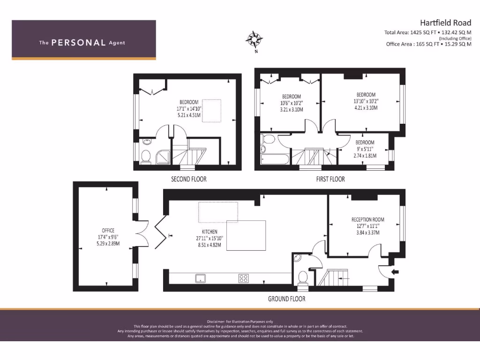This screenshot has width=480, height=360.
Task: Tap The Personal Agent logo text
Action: point(82,43)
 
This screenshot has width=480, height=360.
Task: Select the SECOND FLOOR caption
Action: point(188,179)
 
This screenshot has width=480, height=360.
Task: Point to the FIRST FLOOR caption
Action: point(330,179)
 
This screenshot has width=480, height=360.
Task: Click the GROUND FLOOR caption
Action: point(286,299)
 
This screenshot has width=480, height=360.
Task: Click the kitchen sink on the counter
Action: point(201,278)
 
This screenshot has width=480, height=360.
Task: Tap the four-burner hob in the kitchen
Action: point(243,278)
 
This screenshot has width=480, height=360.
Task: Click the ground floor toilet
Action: point(303,277)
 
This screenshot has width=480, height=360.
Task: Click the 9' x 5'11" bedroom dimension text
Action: point(365,149)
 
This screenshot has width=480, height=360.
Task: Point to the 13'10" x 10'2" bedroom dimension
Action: point(366,101)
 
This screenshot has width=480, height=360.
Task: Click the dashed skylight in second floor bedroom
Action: point(211,111)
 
